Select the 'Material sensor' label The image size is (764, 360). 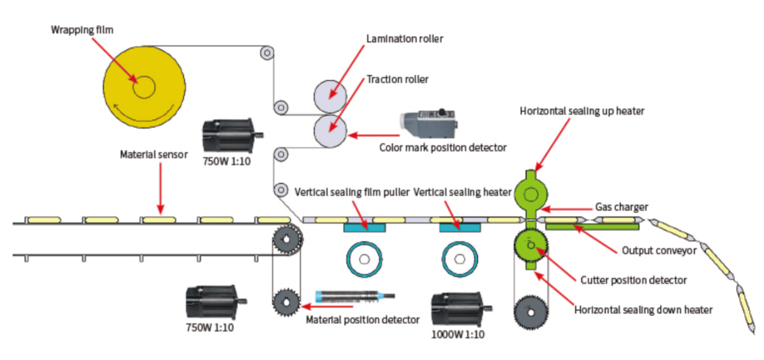[x=154, y=154]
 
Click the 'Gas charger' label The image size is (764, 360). [x=621, y=207]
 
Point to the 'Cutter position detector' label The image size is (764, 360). [x=633, y=280]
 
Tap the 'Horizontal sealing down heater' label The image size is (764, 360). [x=643, y=310]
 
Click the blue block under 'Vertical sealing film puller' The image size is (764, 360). [x=365, y=227]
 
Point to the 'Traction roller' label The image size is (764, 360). [x=397, y=79]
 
